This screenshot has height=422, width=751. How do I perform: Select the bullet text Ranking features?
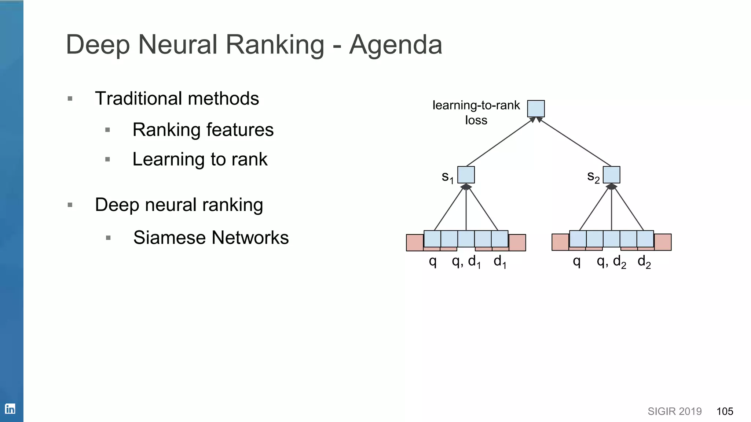pyautogui.click(x=203, y=130)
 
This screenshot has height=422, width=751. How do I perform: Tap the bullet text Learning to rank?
pyautogui.click(x=199, y=159)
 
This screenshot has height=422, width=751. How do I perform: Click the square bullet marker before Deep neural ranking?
pyautogui.click(x=70, y=205)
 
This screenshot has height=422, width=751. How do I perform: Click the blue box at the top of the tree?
pyautogui.click(x=536, y=108)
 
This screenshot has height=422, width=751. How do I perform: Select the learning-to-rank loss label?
pyautogui.click(x=476, y=112)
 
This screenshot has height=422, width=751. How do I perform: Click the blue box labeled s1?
pyautogui.click(x=466, y=175)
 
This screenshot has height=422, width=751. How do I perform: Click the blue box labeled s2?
pyautogui.click(x=611, y=175)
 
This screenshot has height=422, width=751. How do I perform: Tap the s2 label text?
pyautogui.click(x=593, y=177)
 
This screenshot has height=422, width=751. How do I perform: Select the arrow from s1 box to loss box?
pyautogui.click(x=501, y=142)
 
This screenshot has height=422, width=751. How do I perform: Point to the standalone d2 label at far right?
pyautogui.click(x=644, y=262)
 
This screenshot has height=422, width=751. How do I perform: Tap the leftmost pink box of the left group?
pyautogui.click(x=414, y=243)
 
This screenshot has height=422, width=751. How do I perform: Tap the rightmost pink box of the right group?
pyautogui.click(x=663, y=242)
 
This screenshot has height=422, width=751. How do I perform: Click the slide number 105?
pyautogui.click(x=725, y=411)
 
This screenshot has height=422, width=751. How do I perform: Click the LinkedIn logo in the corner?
pyautogui.click(x=10, y=409)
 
